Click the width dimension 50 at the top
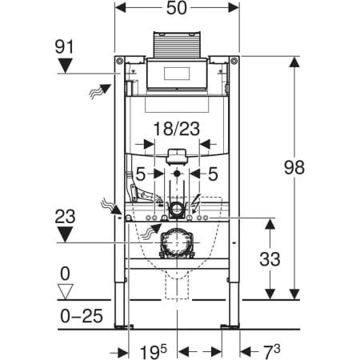click(177, 8)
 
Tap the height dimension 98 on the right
click(294, 167)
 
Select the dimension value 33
click(270, 259)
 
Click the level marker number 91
click(64, 47)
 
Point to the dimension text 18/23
click(177, 129)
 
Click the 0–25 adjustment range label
click(82, 316)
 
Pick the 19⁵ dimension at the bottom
click(154, 352)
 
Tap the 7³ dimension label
click(272, 351)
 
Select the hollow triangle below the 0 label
click(66, 292)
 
